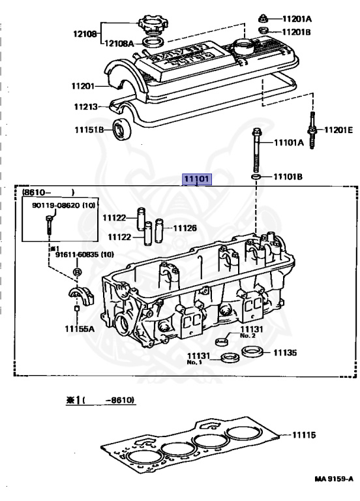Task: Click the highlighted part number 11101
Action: [196, 179]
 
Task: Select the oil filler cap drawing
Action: [153, 24]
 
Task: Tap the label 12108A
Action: [119, 43]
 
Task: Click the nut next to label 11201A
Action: [263, 18]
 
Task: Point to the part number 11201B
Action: [296, 32]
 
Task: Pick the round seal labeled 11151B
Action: [122, 129]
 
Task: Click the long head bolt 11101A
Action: [256, 150]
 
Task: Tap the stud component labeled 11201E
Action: [312, 130]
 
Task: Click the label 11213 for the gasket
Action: [86, 106]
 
